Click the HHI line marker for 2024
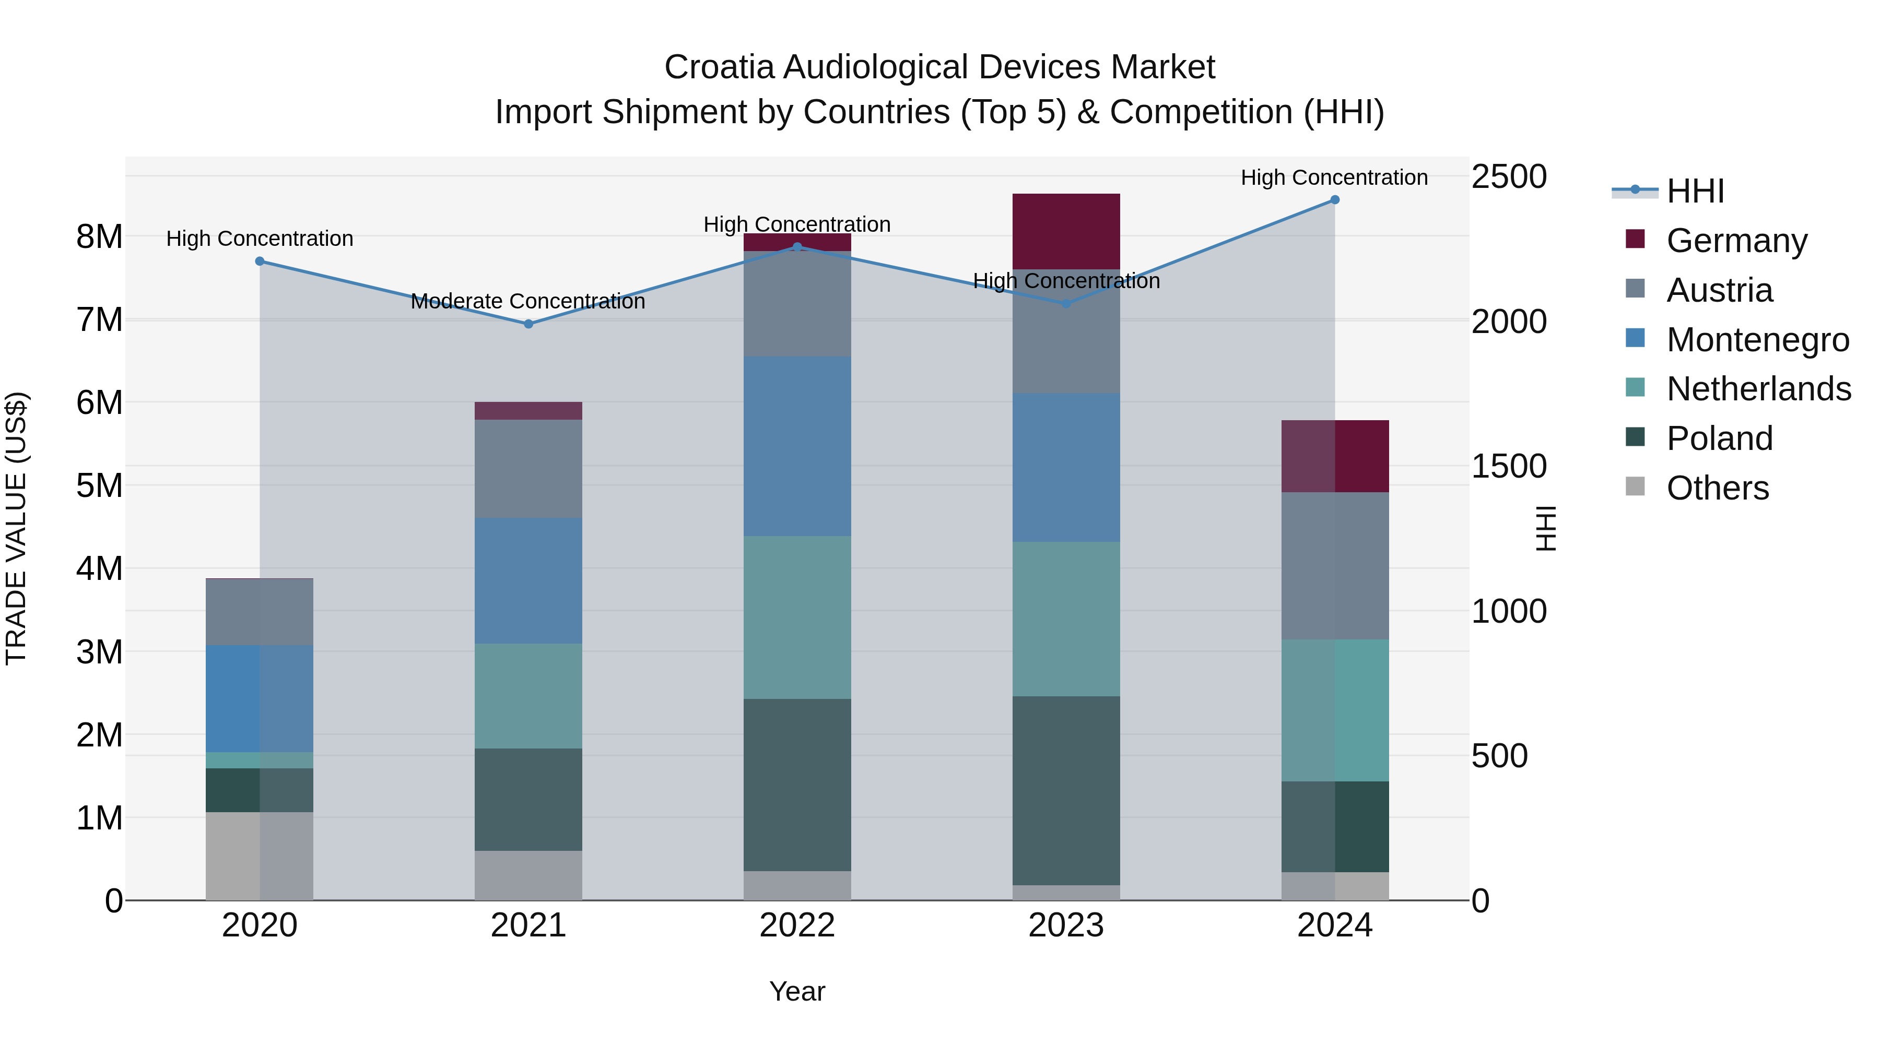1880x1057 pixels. tap(1335, 200)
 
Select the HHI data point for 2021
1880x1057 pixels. tap(529, 324)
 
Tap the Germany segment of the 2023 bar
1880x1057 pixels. tap(1066, 231)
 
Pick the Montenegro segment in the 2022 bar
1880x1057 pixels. tap(797, 446)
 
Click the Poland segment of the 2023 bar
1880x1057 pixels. tap(1066, 791)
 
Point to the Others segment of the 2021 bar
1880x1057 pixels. tap(528, 875)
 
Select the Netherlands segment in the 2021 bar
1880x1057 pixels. tap(528, 696)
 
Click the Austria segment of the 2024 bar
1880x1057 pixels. tap(1335, 566)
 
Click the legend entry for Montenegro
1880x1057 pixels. tap(1757, 340)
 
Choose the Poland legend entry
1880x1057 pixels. tap(1720, 438)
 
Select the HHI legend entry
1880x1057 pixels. tap(1695, 191)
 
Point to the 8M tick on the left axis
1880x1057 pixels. tap(99, 236)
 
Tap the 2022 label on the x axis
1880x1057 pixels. tap(797, 925)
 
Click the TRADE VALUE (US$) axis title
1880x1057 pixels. tap(16, 528)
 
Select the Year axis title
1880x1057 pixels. tap(797, 991)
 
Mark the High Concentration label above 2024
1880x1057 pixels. tap(1334, 177)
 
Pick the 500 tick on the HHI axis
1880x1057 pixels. tap(1499, 756)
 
